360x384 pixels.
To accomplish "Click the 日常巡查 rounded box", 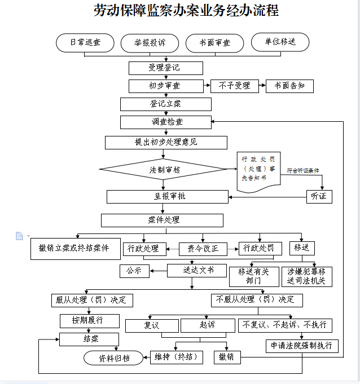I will tap(85, 42).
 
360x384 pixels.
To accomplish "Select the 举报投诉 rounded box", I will tap(149, 43).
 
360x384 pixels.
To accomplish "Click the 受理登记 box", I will tap(165, 68).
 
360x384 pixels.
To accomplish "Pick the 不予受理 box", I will tap(234, 86).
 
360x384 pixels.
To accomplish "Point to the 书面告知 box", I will tap(289, 86).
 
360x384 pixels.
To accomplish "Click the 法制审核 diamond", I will tap(165, 169).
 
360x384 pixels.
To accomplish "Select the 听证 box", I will tap(319, 196).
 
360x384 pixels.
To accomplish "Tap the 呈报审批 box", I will tap(167, 196).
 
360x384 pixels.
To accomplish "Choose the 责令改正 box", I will tap(203, 248).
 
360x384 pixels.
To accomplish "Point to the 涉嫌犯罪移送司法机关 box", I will tap(307, 276).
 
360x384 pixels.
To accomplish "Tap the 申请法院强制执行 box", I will tap(302, 346).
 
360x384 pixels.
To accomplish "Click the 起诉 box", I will tap(207, 325).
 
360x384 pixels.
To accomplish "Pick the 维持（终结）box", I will tap(176, 357).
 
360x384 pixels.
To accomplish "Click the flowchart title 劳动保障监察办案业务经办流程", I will tap(186, 11).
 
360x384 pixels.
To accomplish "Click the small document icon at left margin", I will tap(19, 236).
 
